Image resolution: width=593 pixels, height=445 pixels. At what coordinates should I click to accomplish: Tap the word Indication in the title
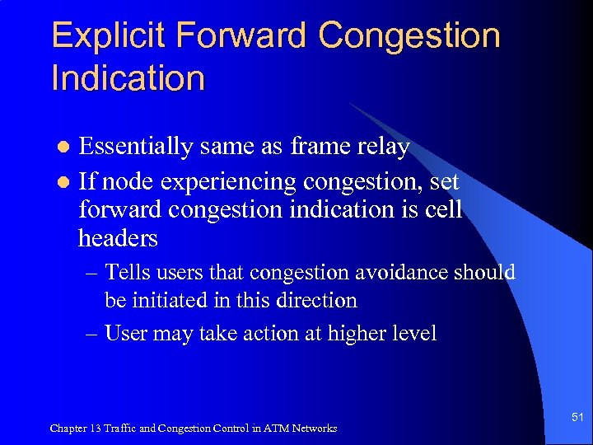click(128, 79)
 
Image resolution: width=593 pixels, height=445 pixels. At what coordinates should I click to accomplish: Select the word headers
click(118, 238)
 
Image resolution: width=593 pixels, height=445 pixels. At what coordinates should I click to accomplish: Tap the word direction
click(317, 300)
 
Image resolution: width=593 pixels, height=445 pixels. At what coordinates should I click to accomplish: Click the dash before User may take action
click(92, 333)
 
